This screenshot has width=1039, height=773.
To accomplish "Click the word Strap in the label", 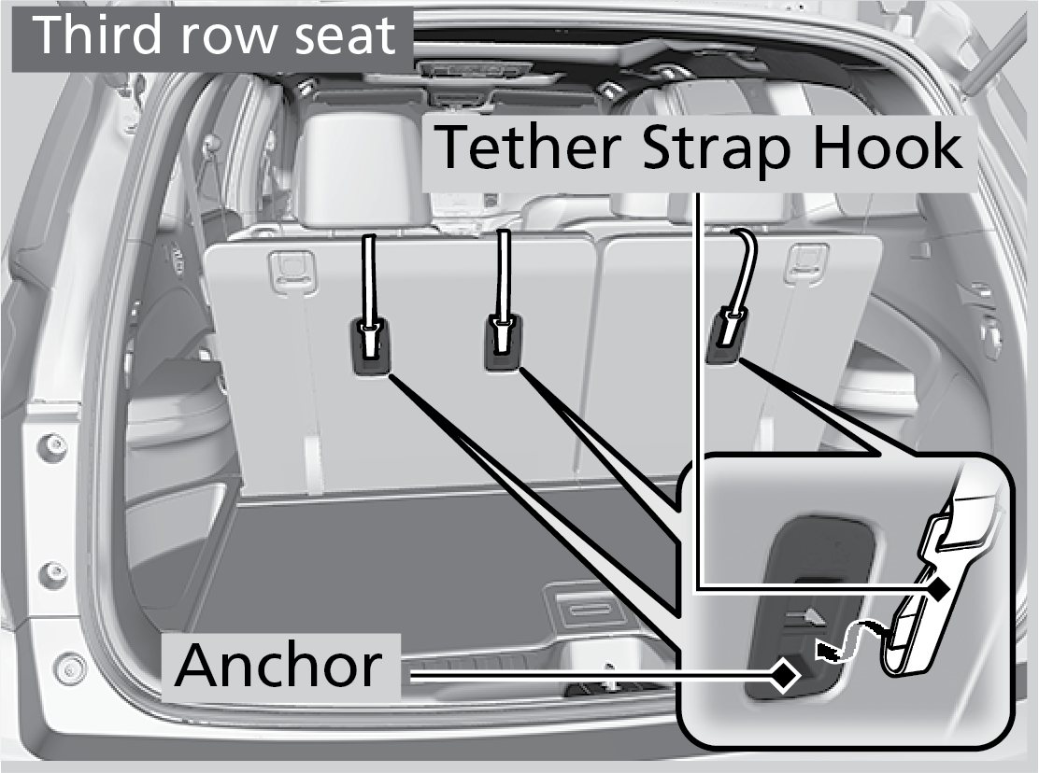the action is click(x=717, y=152).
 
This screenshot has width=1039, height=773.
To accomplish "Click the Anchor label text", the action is click(x=278, y=666).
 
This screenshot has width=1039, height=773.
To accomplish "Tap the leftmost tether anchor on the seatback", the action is click(x=370, y=344).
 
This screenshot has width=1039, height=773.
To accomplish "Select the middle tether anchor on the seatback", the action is click(x=503, y=342).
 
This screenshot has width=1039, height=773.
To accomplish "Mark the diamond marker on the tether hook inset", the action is click(x=937, y=587).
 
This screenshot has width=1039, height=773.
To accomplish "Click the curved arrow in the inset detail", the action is click(x=847, y=639).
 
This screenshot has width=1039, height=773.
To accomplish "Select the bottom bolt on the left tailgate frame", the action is click(x=69, y=669).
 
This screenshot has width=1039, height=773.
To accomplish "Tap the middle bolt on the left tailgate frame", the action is click(x=53, y=571).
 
